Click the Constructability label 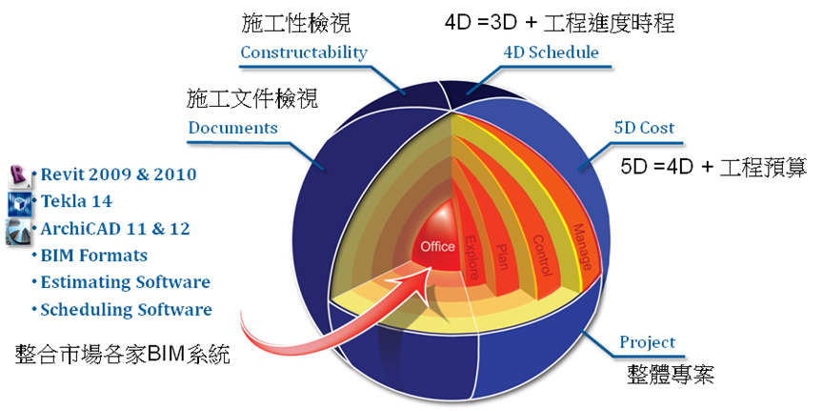[x=304, y=52]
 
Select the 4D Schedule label [x=551, y=52]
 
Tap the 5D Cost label [x=644, y=127]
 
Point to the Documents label [x=233, y=128]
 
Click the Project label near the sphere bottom [x=648, y=342]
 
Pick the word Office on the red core [x=438, y=246]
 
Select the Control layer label [x=542, y=256]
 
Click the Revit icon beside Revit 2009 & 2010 [x=20, y=176]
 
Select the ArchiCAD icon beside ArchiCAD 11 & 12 [x=19, y=232]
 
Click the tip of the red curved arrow [x=432, y=266]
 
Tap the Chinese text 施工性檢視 [x=296, y=24]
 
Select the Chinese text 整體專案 [x=671, y=374]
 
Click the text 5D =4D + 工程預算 [x=713, y=168]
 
